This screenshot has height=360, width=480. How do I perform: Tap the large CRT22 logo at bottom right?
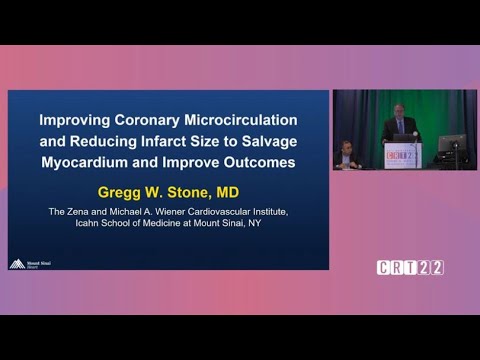410,267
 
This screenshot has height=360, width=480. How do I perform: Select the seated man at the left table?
345,152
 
